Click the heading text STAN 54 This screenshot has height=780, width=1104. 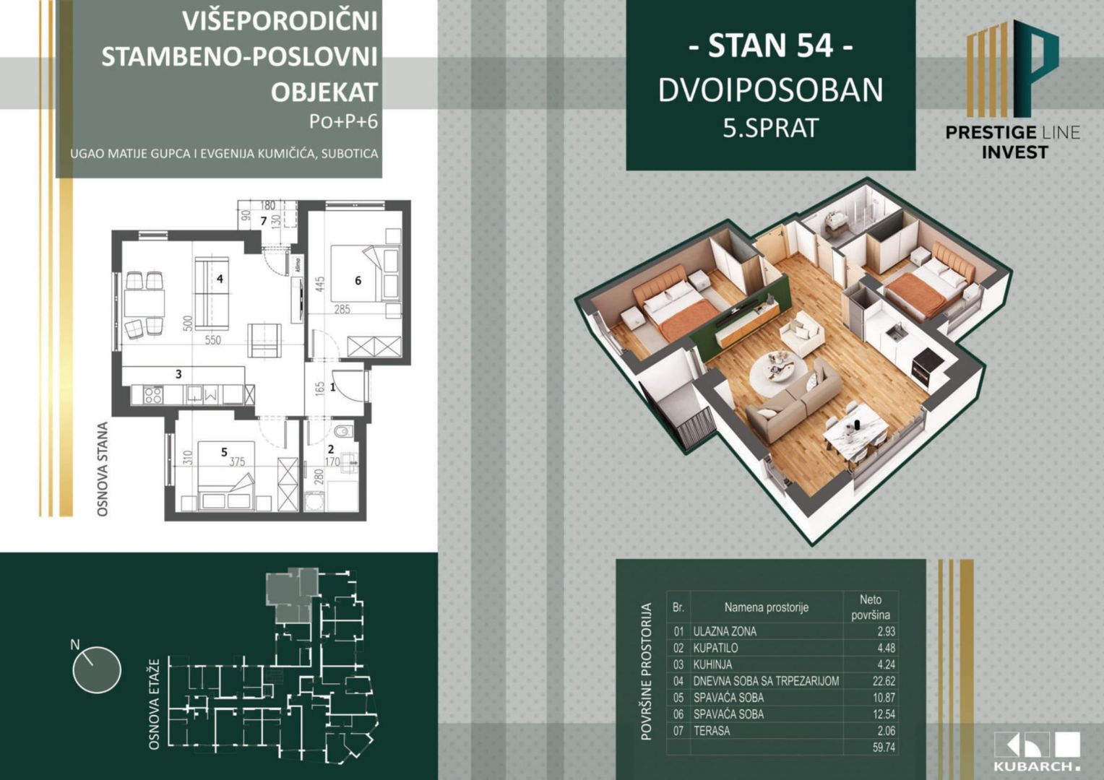pos(770,46)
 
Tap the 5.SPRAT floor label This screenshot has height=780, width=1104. pos(770,129)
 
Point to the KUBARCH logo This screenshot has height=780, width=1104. pos(1037,751)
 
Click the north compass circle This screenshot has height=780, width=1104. pos(97,669)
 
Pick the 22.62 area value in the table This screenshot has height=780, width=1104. pos(883,681)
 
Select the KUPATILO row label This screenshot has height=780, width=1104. pos(715,648)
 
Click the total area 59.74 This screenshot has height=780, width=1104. pos(883,747)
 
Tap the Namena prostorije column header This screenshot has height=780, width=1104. pos(766,607)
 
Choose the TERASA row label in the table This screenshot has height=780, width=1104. pos(712,731)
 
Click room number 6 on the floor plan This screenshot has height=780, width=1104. pos(358,280)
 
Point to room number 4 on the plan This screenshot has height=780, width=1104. pos(220,279)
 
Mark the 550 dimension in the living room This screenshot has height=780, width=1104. pos(212,339)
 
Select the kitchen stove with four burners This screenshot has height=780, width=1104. pos(152,394)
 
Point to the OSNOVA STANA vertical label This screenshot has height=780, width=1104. pos(103,469)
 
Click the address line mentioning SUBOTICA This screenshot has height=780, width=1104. pos(224,154)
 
